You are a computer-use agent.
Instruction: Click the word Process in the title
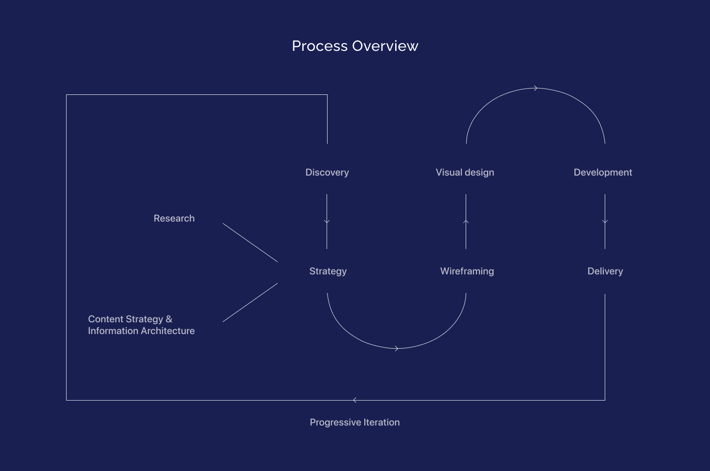point(320,46)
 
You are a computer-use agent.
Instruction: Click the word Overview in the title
point(385,46)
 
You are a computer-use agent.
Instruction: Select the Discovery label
point(327,172)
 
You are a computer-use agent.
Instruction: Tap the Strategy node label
point(328,271)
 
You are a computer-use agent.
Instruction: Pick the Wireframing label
point(467,271)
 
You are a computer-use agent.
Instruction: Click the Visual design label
point(465,172)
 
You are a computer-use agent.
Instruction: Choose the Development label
point(603,172)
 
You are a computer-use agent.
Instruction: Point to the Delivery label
point(605,271)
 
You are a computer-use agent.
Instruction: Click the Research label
point(174,218)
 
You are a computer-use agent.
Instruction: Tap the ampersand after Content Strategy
point(169,319)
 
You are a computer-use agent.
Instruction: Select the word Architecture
point(168,331)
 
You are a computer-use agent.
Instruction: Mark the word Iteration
point(381,422)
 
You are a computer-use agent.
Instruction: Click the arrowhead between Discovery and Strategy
point(327,222)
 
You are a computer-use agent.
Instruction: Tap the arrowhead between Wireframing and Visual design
point(466,222)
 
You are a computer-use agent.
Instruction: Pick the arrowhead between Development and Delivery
point(605,222)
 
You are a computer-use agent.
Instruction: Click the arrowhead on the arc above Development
point(536,89)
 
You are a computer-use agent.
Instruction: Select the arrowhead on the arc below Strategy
point(397,348)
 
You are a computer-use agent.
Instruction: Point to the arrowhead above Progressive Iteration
point(355,400)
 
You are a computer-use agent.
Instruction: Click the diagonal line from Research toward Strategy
point(250,243)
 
